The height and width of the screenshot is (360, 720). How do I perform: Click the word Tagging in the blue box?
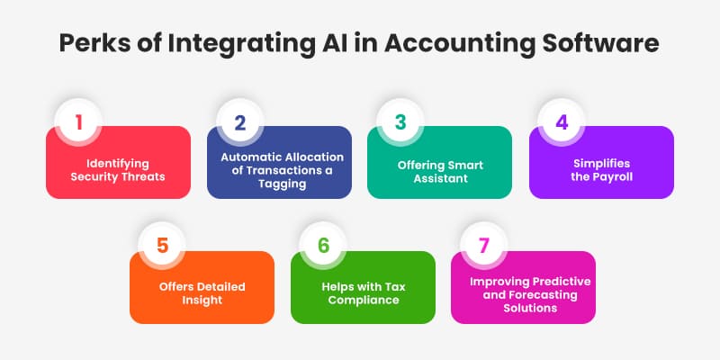279,184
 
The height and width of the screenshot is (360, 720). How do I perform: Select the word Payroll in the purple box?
612,177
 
